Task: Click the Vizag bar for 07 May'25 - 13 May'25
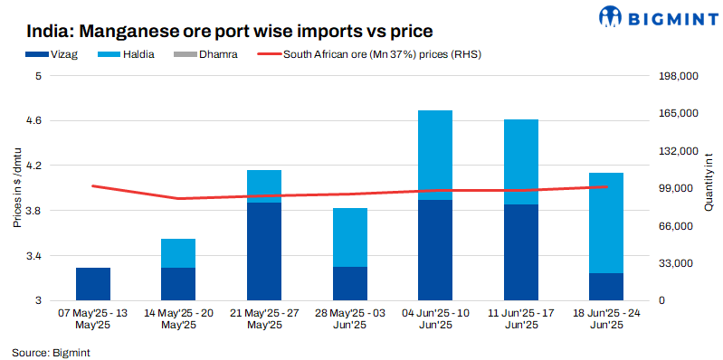click(93, 284)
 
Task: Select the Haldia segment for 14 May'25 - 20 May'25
click(178, 253)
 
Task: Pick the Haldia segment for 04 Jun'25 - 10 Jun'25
click(434, 155)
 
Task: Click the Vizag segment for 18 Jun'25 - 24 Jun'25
click(606, 286)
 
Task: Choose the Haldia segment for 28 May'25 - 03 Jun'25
click(349, 237)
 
